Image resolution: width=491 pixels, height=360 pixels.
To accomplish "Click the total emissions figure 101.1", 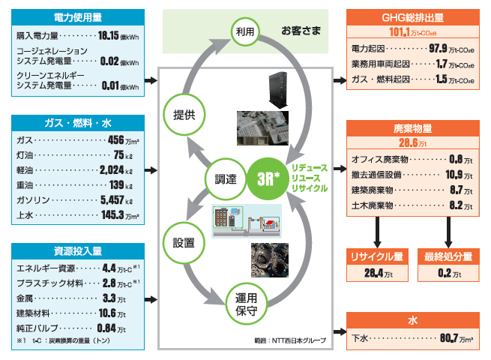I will click(x=402, y=33).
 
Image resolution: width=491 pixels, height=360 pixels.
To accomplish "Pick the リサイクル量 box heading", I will click(x=376, y=256).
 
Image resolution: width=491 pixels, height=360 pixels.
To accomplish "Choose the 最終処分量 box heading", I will click(x=448, y=256).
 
